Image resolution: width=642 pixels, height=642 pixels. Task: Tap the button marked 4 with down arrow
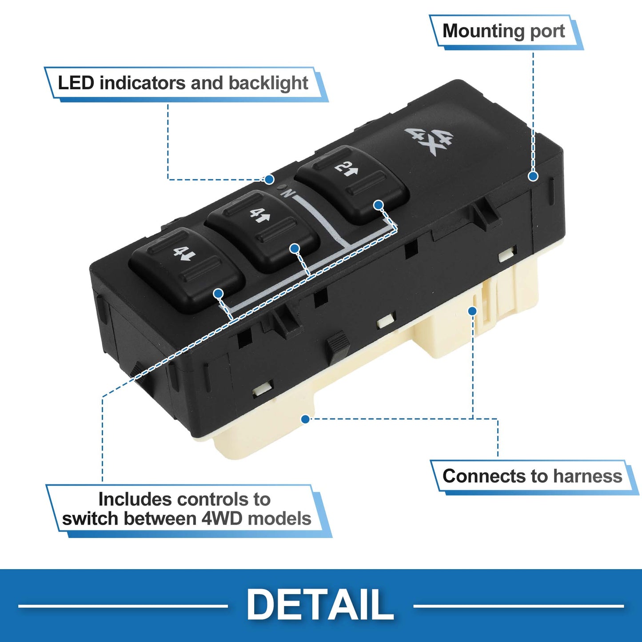click(x=186, y=270)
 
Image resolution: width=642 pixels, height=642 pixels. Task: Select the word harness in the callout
click(x=588, y=476)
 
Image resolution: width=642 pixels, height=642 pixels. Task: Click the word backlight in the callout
click(x=268, y=83)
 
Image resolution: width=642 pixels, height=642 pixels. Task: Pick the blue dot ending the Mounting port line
click(x=533, y=176)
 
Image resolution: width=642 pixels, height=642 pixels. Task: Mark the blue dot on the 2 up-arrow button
click(x=378, y=205)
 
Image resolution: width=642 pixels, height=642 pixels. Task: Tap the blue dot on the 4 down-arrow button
click(x=218, y=294)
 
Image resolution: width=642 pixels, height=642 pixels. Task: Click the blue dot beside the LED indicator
click(x=269, y=179)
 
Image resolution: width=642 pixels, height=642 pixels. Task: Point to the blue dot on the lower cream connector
click(x=305, y=419)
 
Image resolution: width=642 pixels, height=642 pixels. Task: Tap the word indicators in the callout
click(x=143, y=83)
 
